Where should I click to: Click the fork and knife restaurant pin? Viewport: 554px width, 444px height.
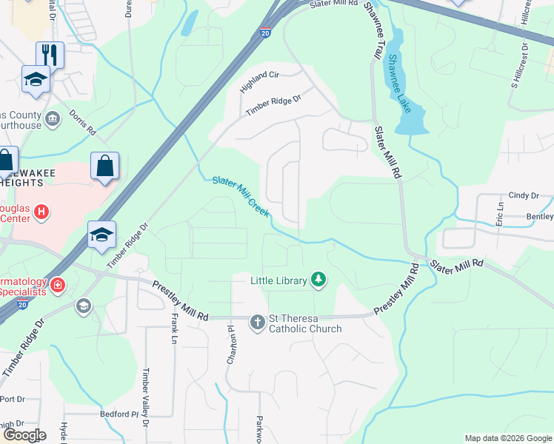tap(50, 54)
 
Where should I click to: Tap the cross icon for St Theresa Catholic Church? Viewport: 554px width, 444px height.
tap(257, 322)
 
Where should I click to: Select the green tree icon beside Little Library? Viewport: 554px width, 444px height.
tap(318, 279)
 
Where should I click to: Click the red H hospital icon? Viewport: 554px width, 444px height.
tap(41, 212)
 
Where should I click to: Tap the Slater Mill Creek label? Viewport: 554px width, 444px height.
tap(241, 197)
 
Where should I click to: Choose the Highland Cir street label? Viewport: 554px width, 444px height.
tap(258, 82)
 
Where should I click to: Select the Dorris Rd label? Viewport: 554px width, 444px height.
tap(83, 122)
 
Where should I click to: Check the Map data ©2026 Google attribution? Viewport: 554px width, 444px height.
tap(508, 438)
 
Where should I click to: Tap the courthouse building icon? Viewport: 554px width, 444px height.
tap(53, 118)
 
